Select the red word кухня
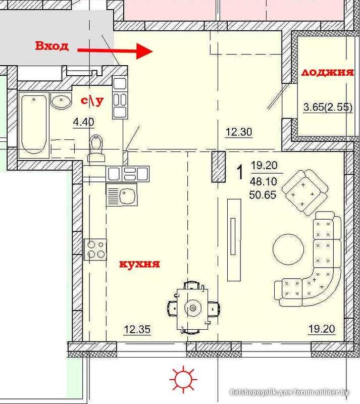(139, 264)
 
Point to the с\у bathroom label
(92, 100)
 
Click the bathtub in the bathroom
(34, 124)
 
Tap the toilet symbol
(96, 148)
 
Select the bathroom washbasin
(61, 100)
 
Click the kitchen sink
(122, 194)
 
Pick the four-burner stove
(95, 249)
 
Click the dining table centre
(193, 308)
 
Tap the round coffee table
(288, 249)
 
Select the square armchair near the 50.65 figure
(305, 192)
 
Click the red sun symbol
(183, 379)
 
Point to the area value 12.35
(137, 329)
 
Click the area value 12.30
(239, 132)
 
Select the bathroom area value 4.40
(83, 122)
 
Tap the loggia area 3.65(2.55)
(328, 107)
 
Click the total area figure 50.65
(263, 195)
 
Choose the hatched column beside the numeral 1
(219, 167)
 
